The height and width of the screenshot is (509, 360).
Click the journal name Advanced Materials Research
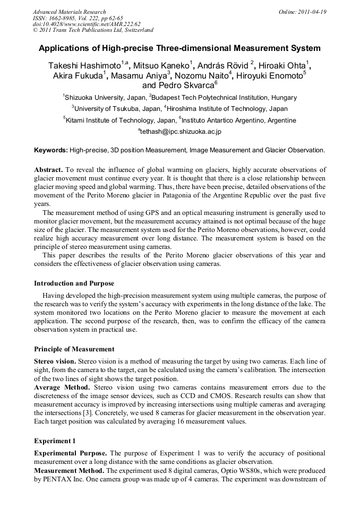point(69,12)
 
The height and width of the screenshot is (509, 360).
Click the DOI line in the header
point(87,24)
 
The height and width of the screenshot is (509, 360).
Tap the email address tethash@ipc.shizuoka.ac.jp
point(179,132)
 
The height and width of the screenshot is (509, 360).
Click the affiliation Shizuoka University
point(93,98)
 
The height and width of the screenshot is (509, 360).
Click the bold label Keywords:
point(50,150)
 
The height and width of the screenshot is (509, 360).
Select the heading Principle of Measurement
point(74,349)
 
